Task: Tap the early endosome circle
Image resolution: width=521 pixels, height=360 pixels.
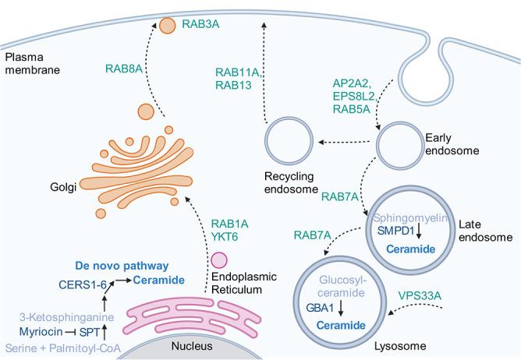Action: click(399, 143)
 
